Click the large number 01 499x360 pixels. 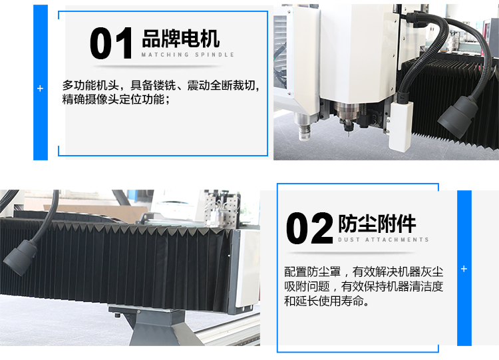[x=111, y=43]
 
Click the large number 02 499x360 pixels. [x=309, y=228]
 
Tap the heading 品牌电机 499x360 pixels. [x=180, y=39]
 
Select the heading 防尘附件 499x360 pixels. [x=377, y=224]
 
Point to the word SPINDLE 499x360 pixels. [x=214, y=55]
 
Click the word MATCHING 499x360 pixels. [x=165, y=55]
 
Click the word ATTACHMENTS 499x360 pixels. [x=397, y=240]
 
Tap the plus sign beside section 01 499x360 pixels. [x=40, y=89]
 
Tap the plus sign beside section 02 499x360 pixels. [x=464, y=269]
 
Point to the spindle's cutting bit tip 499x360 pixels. [x=348, y=136]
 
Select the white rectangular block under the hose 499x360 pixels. [x=401, y=126]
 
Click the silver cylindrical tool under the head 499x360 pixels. [x=305, y=126]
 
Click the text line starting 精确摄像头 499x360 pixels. [x=116, y=99]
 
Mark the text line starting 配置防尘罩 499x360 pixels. [x=363, y=272]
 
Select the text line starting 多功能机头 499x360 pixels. [x=161, y=85]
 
